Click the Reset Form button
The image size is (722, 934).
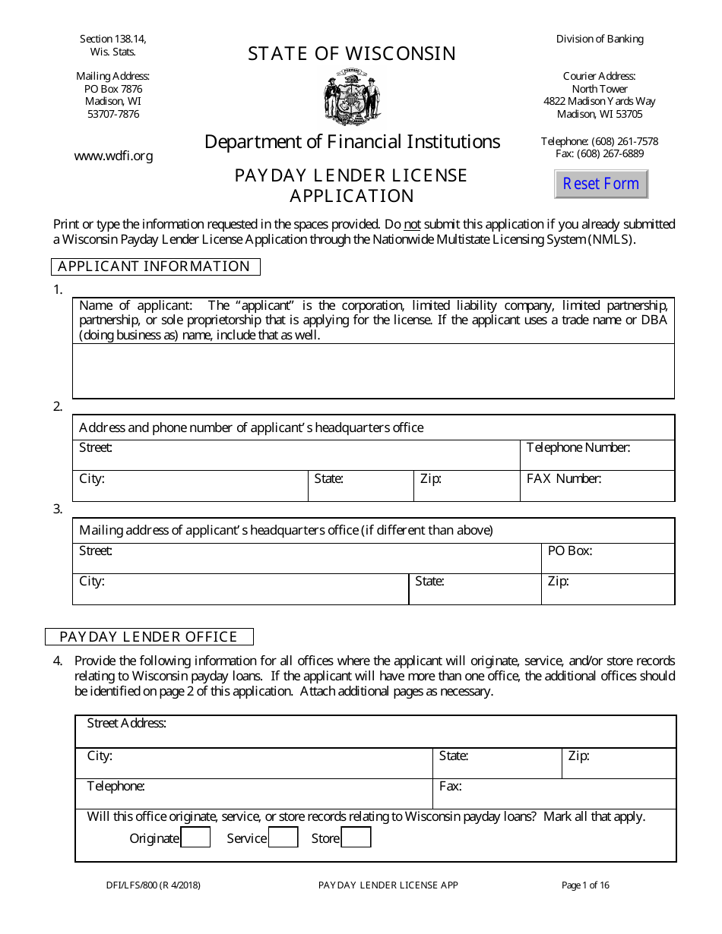pos(601,184)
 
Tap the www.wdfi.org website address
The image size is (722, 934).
pos(113,156)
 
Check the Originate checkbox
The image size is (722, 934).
pos(195,838)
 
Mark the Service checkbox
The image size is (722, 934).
pos(283,838)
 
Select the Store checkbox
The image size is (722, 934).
pos(356,838)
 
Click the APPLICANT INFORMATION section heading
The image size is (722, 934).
pos(154,267)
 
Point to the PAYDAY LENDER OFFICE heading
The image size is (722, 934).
pos(149,636)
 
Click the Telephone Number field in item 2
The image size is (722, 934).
pos(597,456)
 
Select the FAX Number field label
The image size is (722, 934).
pos(564,478)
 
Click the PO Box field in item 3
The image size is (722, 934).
pos(607,558)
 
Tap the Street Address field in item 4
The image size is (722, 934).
pos(375,732)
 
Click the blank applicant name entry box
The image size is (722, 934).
pos(373,371)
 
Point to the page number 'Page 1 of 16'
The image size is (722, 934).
pos(585,885)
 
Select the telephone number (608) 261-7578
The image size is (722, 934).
pos(600,141)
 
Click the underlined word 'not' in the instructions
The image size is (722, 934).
pos(411,225)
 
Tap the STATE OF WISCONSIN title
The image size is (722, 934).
pos(352,54)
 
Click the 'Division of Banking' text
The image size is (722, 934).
pos(600,39)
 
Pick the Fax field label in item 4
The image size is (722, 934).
pos(450,786)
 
